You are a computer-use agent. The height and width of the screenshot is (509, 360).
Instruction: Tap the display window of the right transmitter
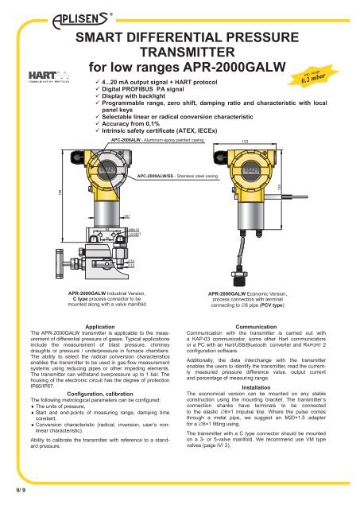252,172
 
